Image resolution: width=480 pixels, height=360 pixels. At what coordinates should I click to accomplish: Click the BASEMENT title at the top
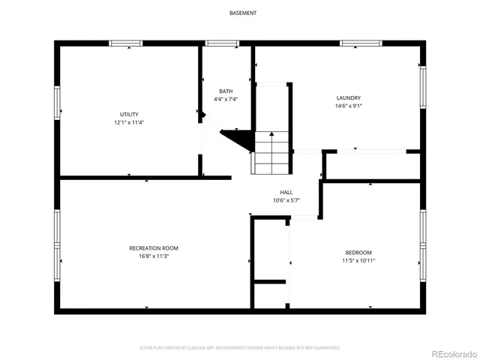coord(242,13)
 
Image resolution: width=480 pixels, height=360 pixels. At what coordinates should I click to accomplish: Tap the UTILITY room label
coord(129,115)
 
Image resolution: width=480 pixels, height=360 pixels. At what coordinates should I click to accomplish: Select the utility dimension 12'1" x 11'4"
coord(129,122)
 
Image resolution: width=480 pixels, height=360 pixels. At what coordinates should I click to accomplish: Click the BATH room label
coord(225,91)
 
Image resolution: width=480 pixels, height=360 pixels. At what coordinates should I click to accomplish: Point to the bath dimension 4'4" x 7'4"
coord(225,99)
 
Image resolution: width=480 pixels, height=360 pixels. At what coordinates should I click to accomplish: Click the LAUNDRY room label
coord(349,97)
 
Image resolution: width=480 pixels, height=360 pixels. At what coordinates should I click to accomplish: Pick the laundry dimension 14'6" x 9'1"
coord(349,106)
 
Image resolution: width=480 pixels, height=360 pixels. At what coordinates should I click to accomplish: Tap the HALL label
coord(286,192)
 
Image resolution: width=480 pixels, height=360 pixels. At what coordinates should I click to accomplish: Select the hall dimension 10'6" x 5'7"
coord(286,200)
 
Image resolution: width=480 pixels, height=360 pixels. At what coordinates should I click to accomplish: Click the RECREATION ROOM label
coord(154,248)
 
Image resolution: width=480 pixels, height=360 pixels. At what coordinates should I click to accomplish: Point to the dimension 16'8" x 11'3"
coord(154,256)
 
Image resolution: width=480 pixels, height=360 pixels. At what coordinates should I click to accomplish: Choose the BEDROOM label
coord(358,253)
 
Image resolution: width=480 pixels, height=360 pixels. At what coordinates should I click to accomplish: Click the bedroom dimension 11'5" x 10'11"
coord(358,261)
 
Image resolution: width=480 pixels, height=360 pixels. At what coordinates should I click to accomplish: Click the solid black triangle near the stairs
coord(238,139)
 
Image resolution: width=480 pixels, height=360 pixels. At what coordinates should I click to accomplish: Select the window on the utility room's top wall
coord(126,43)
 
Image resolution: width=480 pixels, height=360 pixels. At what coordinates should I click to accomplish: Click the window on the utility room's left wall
coord(56,102)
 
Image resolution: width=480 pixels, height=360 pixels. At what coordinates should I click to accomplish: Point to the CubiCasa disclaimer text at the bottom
coord(240,348)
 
